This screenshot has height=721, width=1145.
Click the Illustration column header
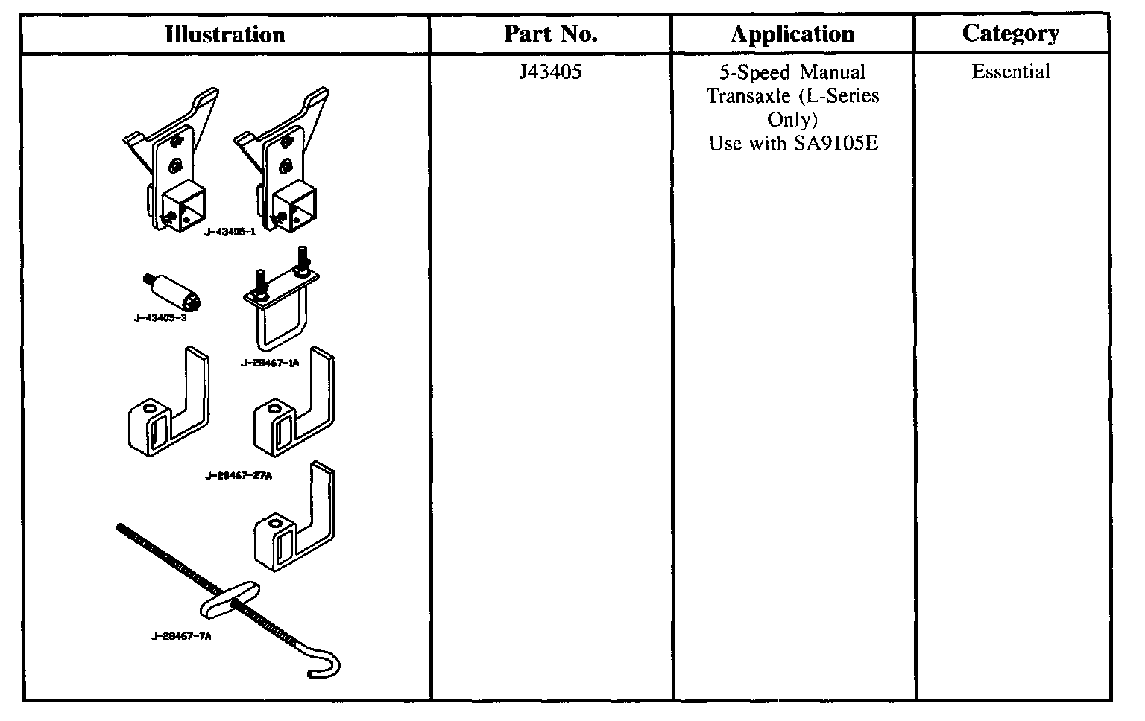[225, 34]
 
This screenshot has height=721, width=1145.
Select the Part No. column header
[551, 34]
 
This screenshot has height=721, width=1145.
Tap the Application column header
[792, 34]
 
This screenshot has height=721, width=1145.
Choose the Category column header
[1011, 34]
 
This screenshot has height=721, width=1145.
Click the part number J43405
[551, 72]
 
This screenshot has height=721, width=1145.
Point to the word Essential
[1011, 72]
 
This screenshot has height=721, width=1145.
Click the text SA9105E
[835, 143]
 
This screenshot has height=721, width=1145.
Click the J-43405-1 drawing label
[230, 232]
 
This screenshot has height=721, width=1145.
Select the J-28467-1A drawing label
[270, 363]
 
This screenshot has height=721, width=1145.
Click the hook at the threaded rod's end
[328, 664]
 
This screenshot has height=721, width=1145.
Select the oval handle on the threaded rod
[228, 597]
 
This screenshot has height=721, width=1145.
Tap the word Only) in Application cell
[792, 120]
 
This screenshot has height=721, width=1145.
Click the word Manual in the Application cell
[833, 72]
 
